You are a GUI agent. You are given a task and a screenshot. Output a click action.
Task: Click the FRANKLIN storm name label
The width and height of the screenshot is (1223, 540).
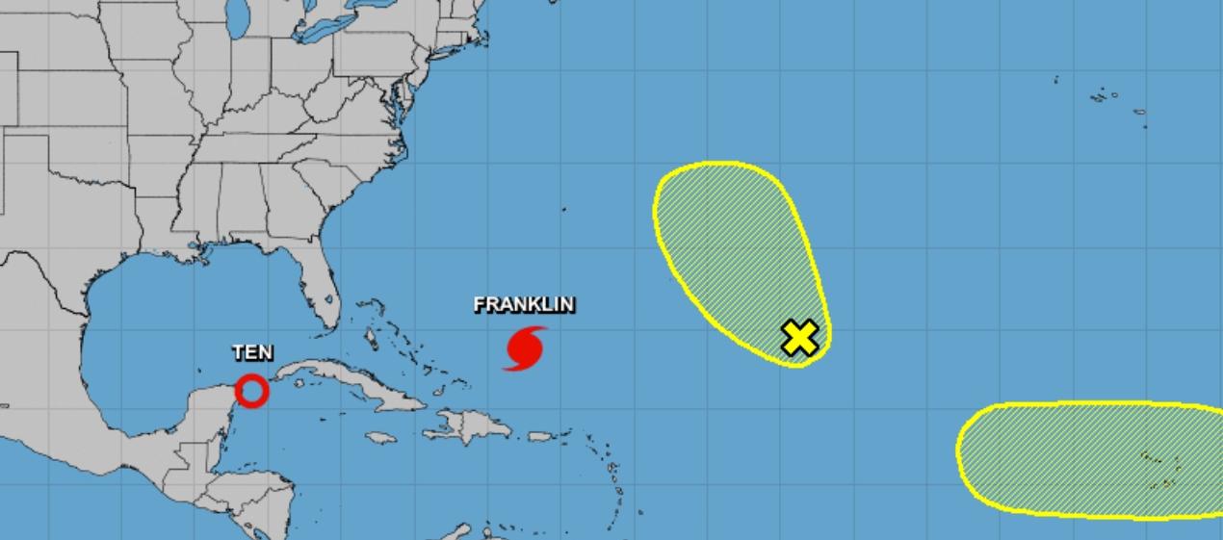click(525, 305)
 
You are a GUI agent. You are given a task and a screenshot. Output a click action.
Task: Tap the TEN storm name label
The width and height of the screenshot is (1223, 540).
click(252, 353)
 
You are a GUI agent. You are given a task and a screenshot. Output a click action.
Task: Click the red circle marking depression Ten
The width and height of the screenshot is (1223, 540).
click(252, 391)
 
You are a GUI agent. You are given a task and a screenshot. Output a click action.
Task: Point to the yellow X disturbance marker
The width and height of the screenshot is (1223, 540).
click(799, 338)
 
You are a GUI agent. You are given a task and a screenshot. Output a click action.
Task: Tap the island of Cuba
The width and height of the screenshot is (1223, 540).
click(356, 386)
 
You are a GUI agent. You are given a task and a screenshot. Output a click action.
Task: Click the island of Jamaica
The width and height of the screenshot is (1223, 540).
click(381, 437)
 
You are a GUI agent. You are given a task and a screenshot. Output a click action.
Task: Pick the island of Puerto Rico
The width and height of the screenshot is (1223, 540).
click(541, 437)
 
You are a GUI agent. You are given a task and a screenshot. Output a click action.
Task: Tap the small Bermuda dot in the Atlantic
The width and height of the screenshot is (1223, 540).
click(564, 208)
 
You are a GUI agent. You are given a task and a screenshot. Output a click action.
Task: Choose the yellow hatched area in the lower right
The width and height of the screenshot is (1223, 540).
click(1079, 456)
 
